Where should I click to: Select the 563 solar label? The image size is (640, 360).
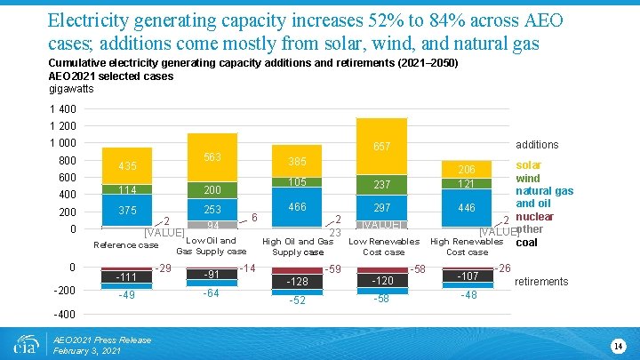211,157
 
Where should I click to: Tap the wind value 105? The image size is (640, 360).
299,182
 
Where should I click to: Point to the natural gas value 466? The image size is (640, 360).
299,207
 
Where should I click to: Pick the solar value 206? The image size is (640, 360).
467,170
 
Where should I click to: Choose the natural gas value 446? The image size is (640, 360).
467,208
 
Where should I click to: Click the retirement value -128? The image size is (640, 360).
299,282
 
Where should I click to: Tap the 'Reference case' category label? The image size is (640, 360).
125,245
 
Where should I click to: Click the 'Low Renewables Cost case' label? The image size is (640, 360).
383,246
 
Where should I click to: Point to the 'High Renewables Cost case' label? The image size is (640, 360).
467,246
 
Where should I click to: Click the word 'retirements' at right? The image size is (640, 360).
542,282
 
